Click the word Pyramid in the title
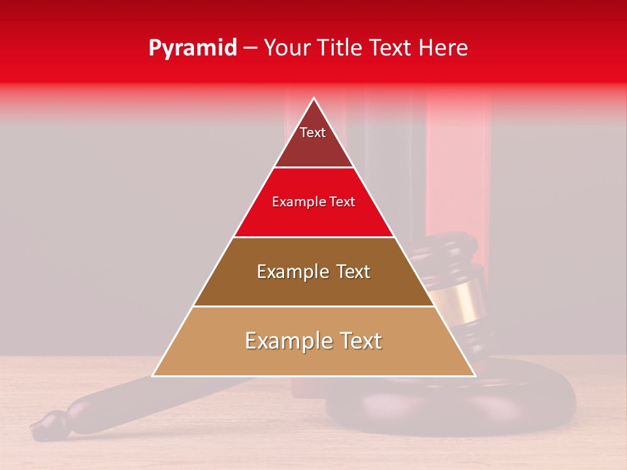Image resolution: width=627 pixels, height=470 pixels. pos(193,48)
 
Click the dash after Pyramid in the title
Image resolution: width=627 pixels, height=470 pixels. pos(249,48)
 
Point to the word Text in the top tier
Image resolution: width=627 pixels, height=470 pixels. pos(313,133)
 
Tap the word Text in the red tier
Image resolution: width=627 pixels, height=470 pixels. pos(342,202)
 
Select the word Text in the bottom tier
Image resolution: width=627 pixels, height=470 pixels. pos(359,341)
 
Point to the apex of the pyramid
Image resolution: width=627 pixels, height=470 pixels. pos(314,99)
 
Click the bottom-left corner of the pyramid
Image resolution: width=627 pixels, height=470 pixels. pos(153,375)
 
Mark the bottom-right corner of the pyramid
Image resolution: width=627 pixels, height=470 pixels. pos(474,375)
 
